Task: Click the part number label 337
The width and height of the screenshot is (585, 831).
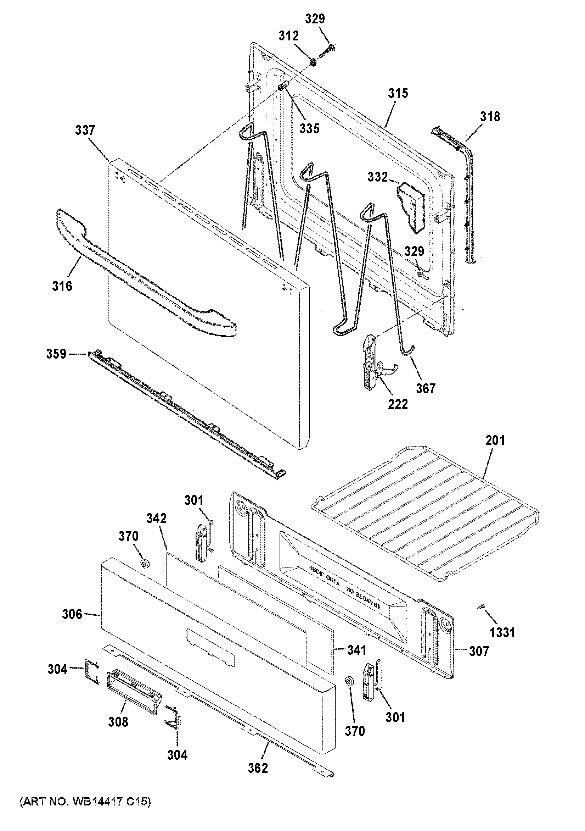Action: pyautogui.click(x=85, y=130)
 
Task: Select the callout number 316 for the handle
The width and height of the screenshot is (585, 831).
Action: pyautogui.click(x=62, y=286)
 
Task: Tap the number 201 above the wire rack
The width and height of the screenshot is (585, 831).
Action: pyautogui.click(x=495, y=441)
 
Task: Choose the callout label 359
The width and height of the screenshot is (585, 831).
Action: pyautogui.click(x=56, y=354)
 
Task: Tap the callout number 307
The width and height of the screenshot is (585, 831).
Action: pyautogui.click(x=479, y=652)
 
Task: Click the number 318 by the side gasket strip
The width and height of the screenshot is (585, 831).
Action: pyautogui.click(x=490, y=117)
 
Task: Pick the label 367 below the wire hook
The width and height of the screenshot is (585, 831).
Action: pyautogui.click(x=426, y=388)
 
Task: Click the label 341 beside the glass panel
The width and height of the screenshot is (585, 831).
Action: pyautogui.click(x=357, y=650)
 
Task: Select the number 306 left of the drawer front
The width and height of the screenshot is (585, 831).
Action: pyautogui.click(x=72, y=614)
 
